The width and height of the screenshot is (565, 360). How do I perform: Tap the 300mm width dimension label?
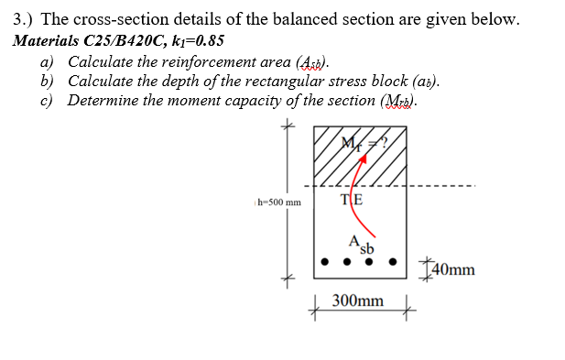358,300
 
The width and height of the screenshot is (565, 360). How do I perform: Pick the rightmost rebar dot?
395,261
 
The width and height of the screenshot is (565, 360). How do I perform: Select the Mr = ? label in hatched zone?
360,142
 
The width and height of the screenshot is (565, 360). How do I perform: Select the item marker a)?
47,61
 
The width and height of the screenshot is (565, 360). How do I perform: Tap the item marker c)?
47,101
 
